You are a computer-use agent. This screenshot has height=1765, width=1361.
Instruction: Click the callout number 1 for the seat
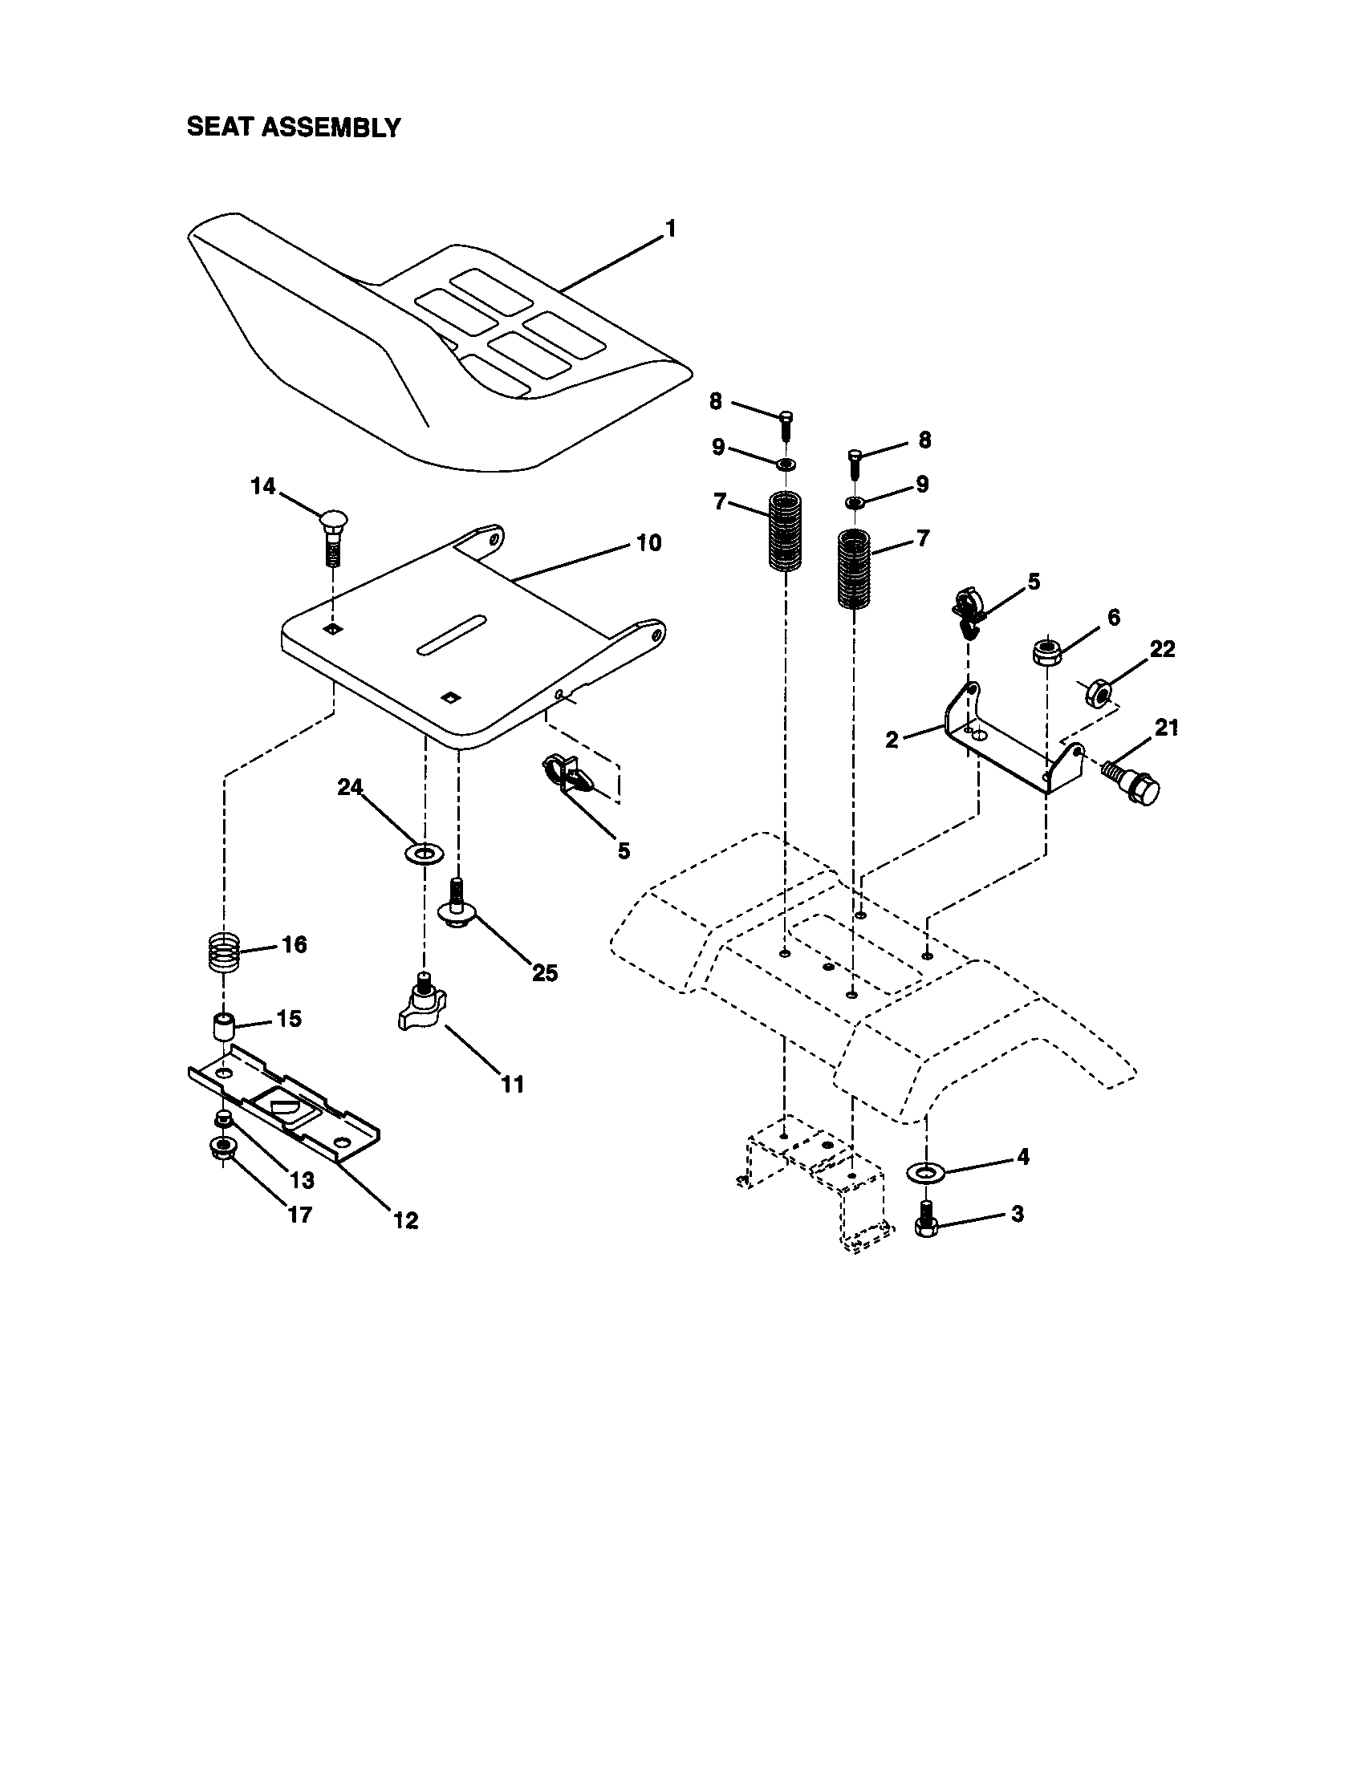click(x=670, y=229)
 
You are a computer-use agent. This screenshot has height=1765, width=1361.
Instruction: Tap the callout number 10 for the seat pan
click(x=648, y=542)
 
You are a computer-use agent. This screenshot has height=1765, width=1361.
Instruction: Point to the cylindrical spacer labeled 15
click(x=223, y=1026)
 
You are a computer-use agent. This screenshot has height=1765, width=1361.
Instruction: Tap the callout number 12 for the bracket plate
click(x=406, y=1220)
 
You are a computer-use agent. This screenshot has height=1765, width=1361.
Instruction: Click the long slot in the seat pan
click(x=452, y=635)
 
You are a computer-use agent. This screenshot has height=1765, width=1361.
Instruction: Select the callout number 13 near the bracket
click(x=302, y=1181)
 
